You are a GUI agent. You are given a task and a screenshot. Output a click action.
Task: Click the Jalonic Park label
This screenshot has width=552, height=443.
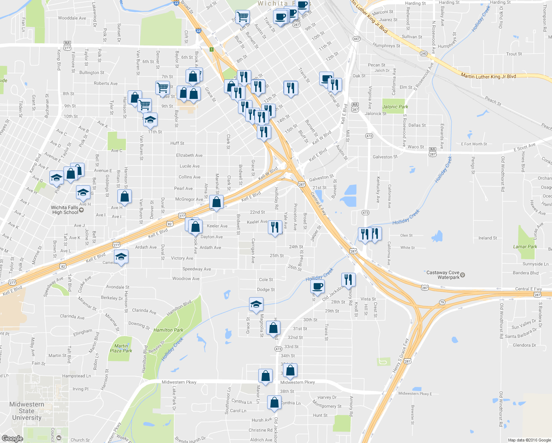395,107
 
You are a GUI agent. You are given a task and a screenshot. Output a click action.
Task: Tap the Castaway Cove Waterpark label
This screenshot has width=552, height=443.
443,275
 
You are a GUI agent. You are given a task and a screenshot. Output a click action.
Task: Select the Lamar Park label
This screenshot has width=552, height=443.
525,247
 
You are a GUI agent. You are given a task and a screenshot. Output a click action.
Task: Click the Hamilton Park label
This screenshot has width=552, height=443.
168,330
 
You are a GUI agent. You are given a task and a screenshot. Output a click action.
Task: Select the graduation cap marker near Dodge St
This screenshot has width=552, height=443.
256,304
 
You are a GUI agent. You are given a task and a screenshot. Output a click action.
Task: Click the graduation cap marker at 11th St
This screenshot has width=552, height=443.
150,120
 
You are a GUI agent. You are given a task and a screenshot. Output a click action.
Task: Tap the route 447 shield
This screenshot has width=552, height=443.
356,39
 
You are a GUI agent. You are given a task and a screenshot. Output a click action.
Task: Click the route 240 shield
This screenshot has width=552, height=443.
423,54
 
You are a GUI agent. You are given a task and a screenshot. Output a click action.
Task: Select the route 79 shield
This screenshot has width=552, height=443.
442,302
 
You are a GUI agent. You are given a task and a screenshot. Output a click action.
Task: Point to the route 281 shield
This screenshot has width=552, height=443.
407,361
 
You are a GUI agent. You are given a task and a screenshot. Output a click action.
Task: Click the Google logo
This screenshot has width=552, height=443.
12,438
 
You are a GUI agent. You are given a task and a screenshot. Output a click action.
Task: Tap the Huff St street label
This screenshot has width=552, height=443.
177,143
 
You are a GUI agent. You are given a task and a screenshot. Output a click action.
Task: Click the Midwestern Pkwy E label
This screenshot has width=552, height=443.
415,394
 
